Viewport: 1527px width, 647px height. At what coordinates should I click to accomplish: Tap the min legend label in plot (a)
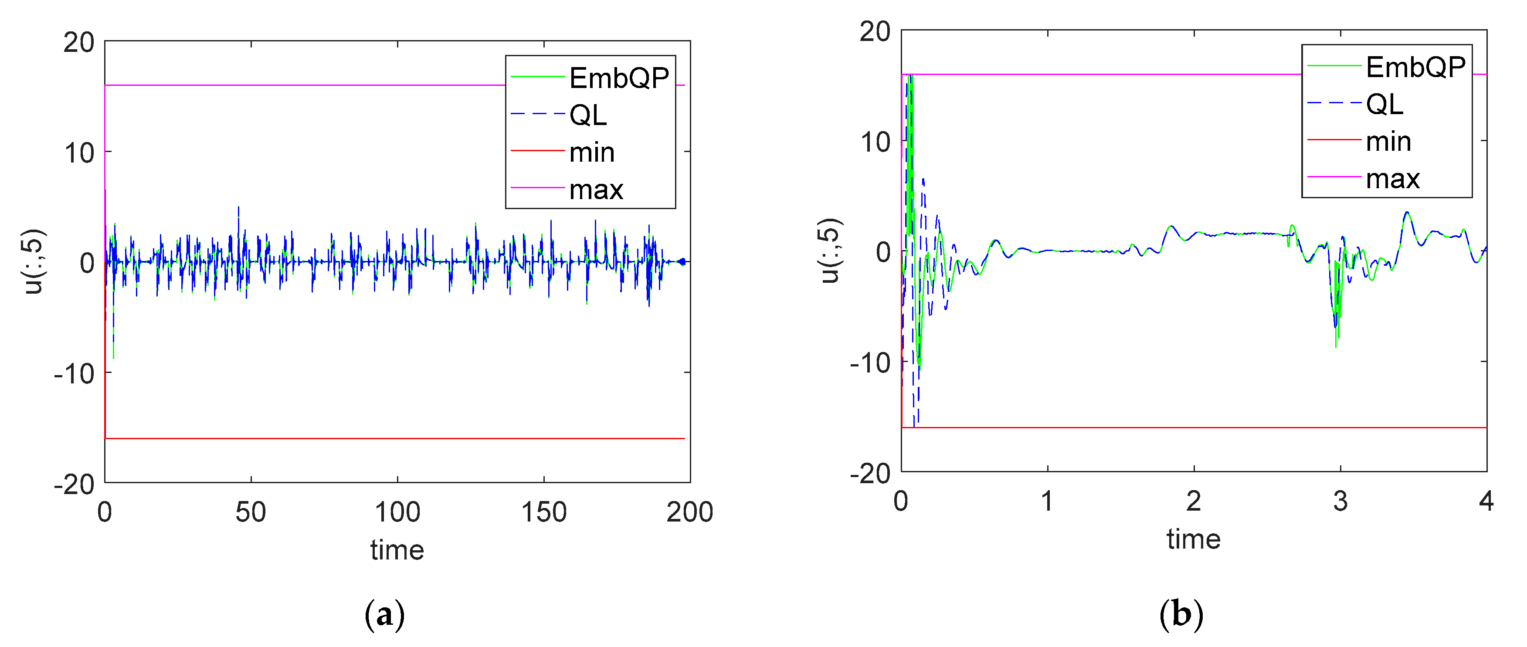click(x=592, y=153)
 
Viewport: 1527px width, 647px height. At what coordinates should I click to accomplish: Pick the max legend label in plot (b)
click(x=1392, y=179)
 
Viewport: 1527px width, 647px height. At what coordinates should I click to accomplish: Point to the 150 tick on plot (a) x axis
click(x=543, y=512)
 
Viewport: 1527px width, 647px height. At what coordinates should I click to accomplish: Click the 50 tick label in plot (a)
click(x=250, y=512)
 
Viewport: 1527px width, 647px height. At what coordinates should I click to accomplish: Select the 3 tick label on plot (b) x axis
click(x=1340, y=501)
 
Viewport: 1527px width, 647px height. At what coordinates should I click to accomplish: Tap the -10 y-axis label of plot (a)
click(x=74, y=374)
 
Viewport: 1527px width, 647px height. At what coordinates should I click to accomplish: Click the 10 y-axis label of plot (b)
click(x=875, y=142)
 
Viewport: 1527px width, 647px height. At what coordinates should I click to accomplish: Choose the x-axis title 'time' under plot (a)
click(x=397, y=550)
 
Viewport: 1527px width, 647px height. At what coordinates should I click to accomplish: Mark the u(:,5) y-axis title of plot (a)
click(x=34, y=261)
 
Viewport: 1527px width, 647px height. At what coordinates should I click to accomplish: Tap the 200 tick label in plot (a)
click(x=689, y=512)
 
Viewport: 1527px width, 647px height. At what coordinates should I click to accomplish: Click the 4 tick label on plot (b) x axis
click(x=1486, y=501)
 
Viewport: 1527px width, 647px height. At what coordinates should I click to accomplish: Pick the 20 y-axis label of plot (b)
click(x=875, y=31)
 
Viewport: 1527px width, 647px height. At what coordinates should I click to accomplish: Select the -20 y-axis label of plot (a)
click(x=74, y=484)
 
